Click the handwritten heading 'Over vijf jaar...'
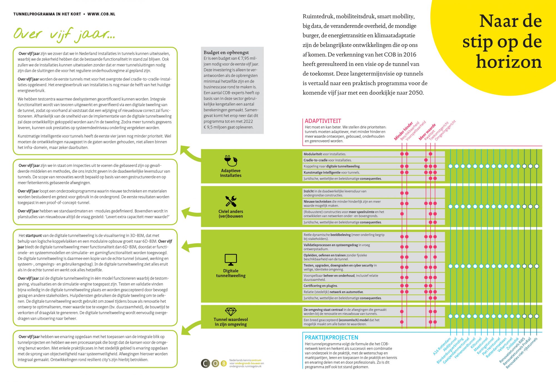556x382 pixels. [64, 34]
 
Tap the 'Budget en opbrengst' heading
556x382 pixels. [226, 52]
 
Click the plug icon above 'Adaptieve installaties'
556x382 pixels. [230, 161]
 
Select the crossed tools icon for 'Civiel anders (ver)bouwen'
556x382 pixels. [231, 201]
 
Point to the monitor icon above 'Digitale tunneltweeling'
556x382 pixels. [231, 260]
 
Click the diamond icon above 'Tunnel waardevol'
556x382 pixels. [231, 312]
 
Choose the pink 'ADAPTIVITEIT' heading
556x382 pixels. [323, 121]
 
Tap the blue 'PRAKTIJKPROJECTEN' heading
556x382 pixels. [331, 337]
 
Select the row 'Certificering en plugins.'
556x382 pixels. [321, 286]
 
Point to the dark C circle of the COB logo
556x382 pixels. [205, 363]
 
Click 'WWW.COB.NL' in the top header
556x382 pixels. [101, 14]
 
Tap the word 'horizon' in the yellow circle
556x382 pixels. [509, 62]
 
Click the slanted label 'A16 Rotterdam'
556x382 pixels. [442, 347]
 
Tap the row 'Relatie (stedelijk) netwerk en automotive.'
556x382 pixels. [333, 292]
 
